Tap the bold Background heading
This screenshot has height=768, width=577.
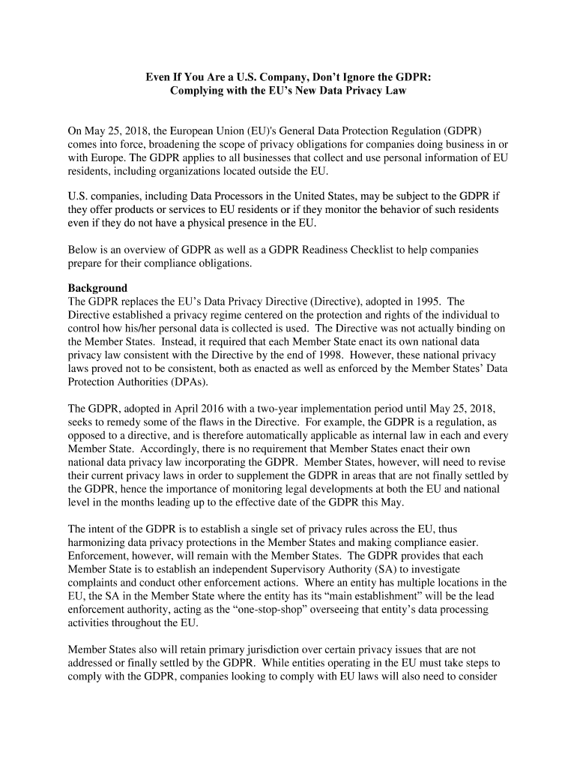click(x=97, y=288)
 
